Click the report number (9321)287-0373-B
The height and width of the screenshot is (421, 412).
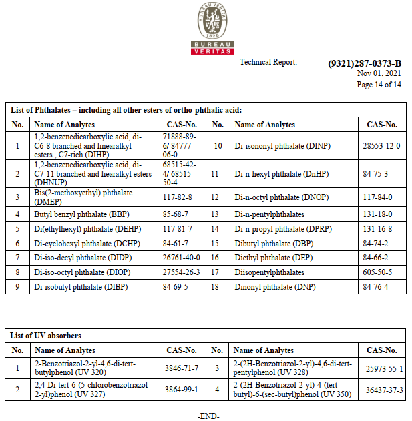pyautogui.click(x=365, y=63)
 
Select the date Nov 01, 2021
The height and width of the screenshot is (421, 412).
pyautogui.click(x=379, y=74)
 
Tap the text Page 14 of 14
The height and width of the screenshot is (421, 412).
pyautogui.click(x=379, y=85)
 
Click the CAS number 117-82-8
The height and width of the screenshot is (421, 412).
pyautogui.click(x=178, y=197)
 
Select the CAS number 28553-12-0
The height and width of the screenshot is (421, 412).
pyautogui.click(x=381, y=145)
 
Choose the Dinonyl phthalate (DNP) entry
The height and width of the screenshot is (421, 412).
pyautogui.click(x=276, y=287)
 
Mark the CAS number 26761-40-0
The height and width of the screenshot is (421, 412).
pyautogui.click(x=181, y=258)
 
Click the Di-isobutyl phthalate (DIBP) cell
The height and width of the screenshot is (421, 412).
pyautogui.click(x=78, y=287)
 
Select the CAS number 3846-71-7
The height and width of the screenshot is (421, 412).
pyautogui.click(x=181, y=368)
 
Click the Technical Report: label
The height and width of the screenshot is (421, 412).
pyautogui.click(x=268, y=62)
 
